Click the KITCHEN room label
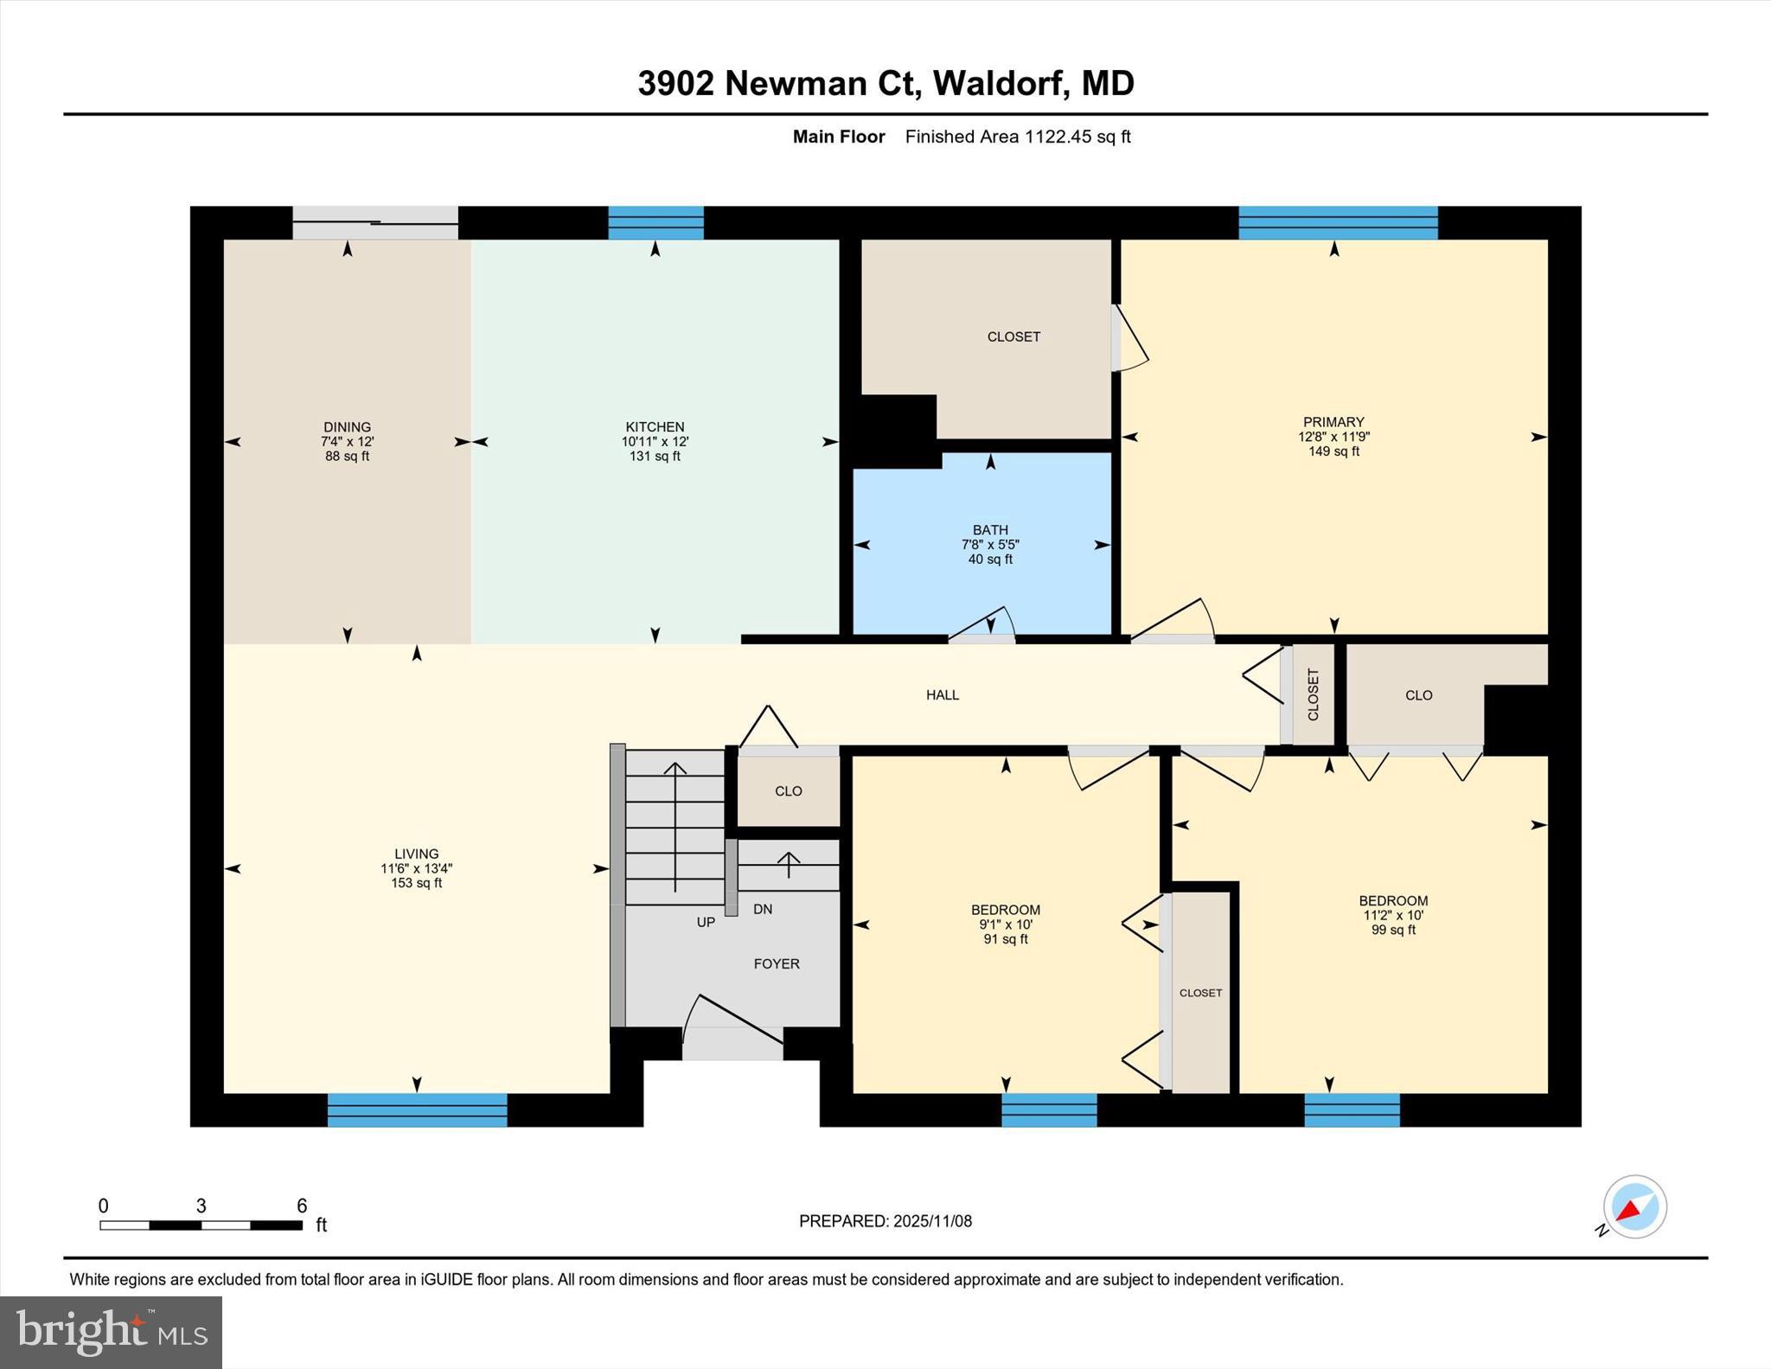click(655, 426)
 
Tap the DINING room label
click(347, 426)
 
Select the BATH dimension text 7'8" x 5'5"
click(990, 545)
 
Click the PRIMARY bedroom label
click(1333, 422)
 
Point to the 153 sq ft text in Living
click(416, 883)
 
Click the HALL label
click(943, 694)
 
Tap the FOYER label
click(776, 963)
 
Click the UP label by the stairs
click(706, 922)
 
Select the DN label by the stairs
click(763, 909)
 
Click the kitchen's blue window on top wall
click(655, 223)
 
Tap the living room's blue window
click(417, 1110)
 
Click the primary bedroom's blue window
click(1338, 223)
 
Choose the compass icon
click(1634, 1207)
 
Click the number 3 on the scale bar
click(201, 1206)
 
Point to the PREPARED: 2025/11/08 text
click(885, 1221)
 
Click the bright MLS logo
click(111, 1332)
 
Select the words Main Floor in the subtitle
click(839, 137)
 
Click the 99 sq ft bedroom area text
click(1393, 930)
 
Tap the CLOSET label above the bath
click(1013, 336)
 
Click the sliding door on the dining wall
click(374, 223)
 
